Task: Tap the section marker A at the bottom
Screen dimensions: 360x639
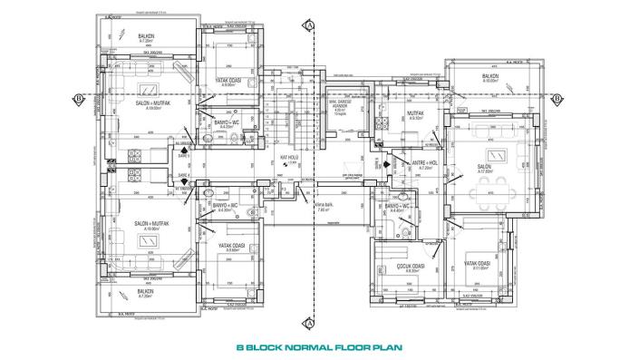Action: point(310,322)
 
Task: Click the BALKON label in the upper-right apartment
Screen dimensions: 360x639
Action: point(490,76)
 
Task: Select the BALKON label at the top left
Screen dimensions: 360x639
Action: point(147,38)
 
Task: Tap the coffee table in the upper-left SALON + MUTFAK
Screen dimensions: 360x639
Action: point(145,89)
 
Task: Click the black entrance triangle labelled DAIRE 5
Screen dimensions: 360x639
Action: point(388,164)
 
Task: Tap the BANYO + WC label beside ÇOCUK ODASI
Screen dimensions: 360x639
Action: point(400,206)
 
